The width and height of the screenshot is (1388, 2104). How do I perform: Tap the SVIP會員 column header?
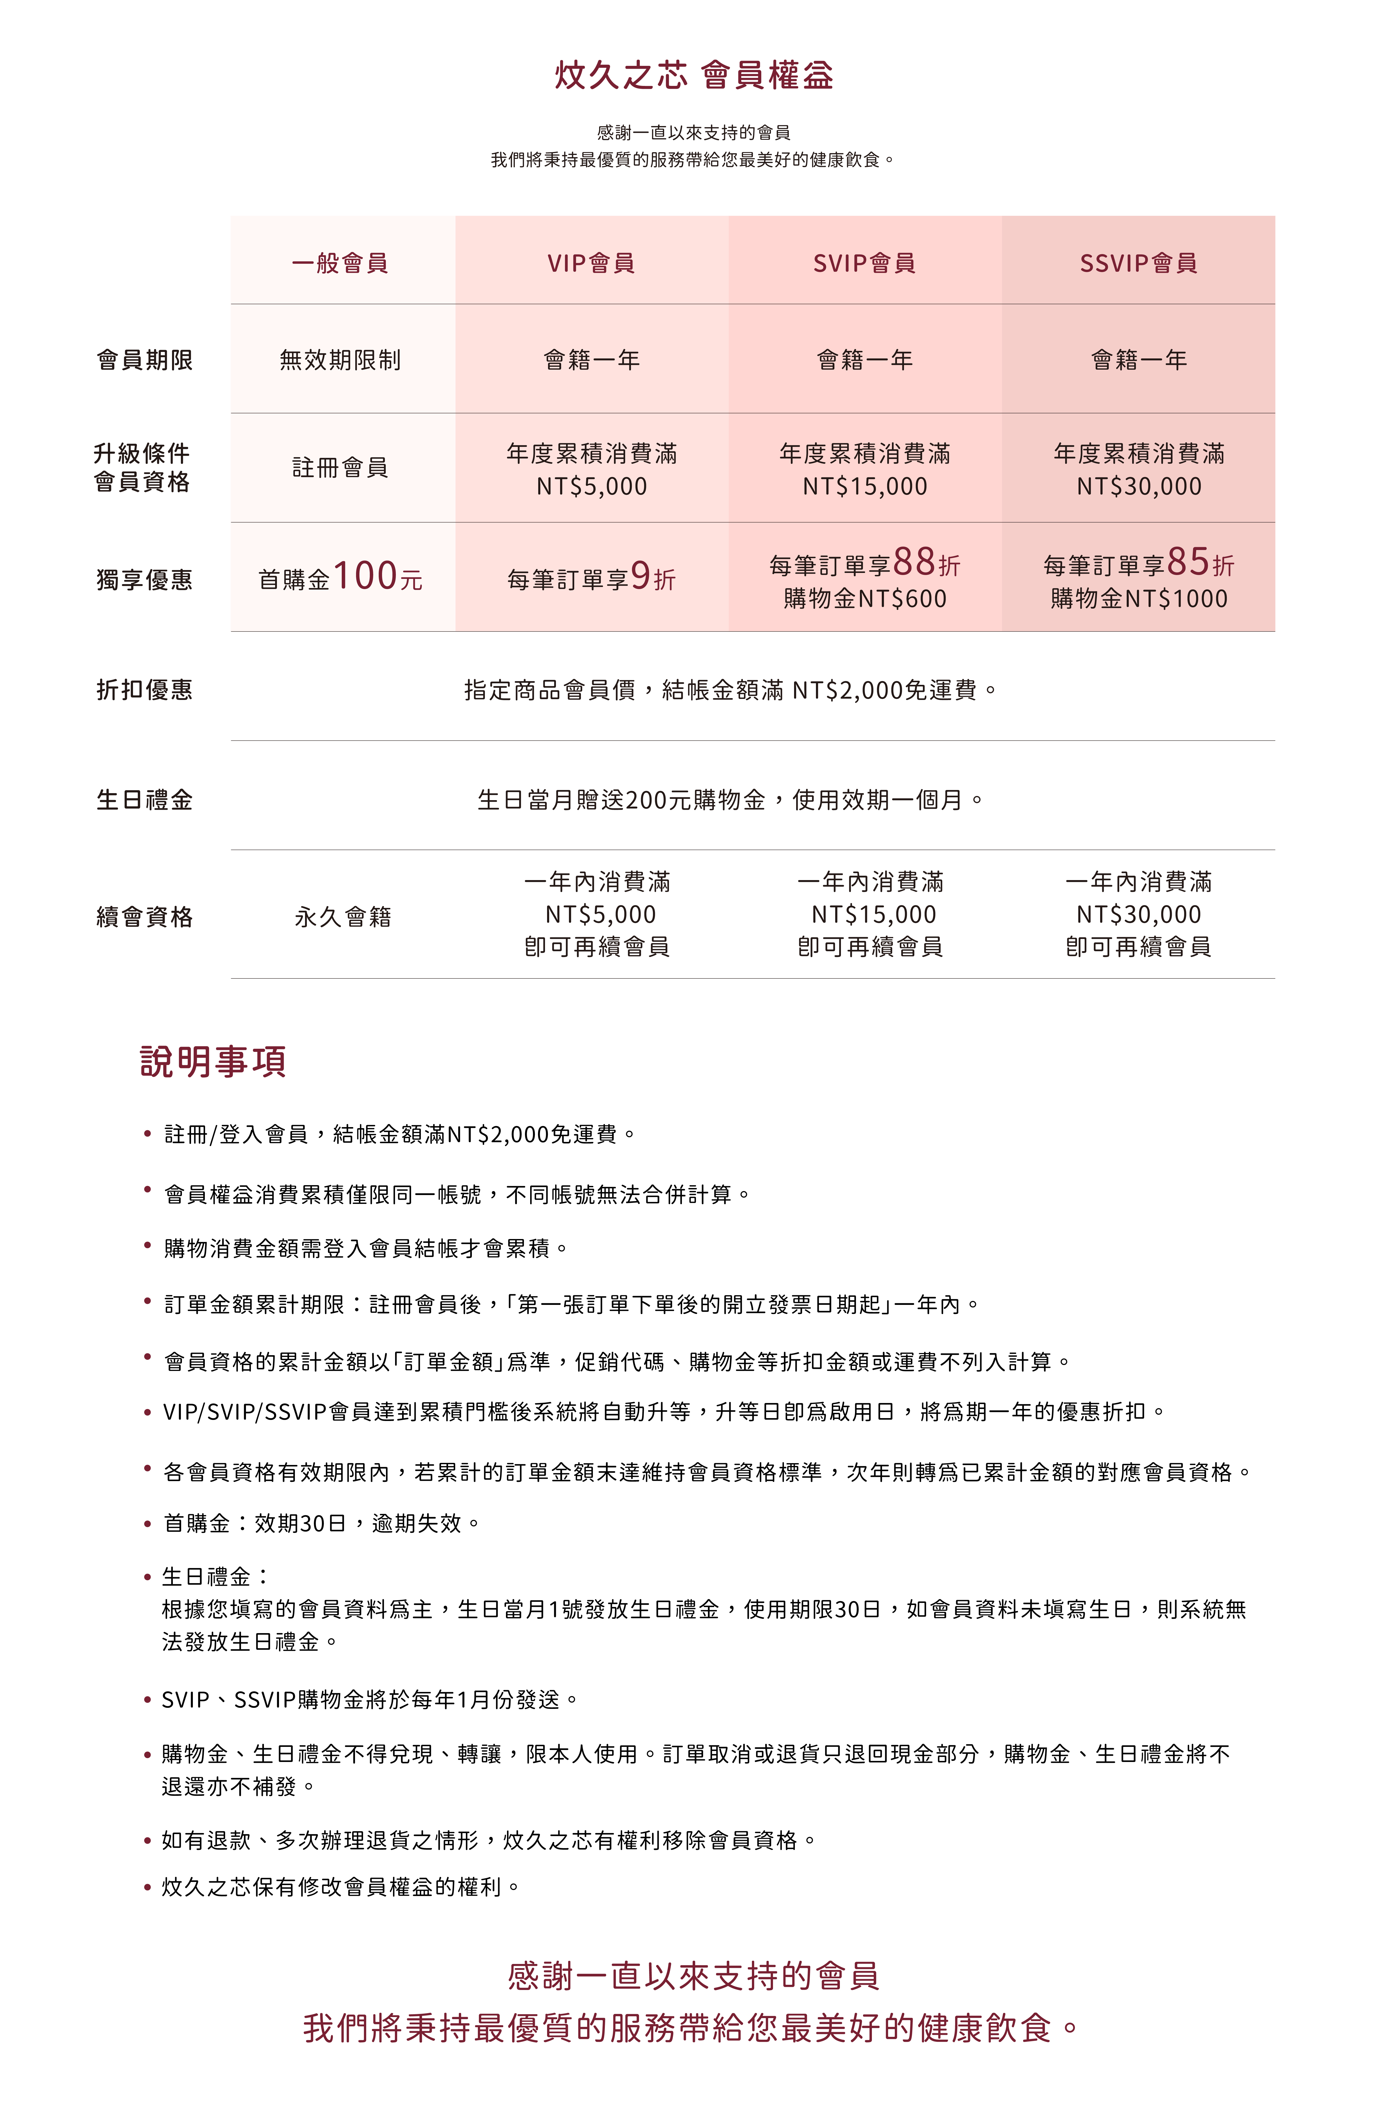(x=864, y=263)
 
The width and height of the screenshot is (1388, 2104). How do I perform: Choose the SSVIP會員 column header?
(x=1138, y=263)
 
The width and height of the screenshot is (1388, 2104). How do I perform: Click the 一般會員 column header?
(x=340, y=263)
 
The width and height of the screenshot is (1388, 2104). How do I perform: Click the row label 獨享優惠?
(x=144, y=580)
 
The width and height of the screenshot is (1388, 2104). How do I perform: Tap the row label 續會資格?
(x=144, y=917)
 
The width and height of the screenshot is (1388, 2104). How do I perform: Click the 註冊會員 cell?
(x=340, y=467)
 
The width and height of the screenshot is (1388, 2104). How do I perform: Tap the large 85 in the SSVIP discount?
(x=1188, y=562)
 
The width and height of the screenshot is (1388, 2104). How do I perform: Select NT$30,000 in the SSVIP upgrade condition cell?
(x=1138, y=486)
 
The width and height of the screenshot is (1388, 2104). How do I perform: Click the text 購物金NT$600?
(x=865, y=599)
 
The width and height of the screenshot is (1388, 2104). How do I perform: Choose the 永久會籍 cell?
(x=343, y=917)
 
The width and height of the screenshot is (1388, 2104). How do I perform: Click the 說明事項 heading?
(x=212, y=1061)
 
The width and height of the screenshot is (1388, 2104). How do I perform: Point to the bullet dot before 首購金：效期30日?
(x=148, y=1524)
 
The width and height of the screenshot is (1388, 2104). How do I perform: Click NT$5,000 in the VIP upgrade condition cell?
(x=591, y=486)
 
